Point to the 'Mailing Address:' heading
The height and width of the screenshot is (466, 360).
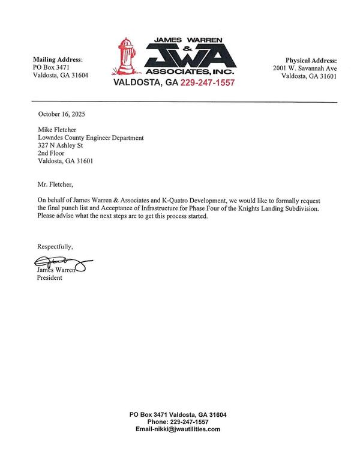point(58,59)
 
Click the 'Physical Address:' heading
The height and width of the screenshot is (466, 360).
point(310,60)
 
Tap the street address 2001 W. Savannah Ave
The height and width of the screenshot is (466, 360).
point(305,68)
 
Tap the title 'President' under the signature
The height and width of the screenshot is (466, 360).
point(50,277)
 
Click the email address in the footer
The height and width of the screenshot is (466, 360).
point(178,429)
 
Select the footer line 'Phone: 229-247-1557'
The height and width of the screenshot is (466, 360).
point(178,422)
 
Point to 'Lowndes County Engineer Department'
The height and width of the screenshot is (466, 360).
point(91,138)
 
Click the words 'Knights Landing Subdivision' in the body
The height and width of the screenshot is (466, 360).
point(287,208)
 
